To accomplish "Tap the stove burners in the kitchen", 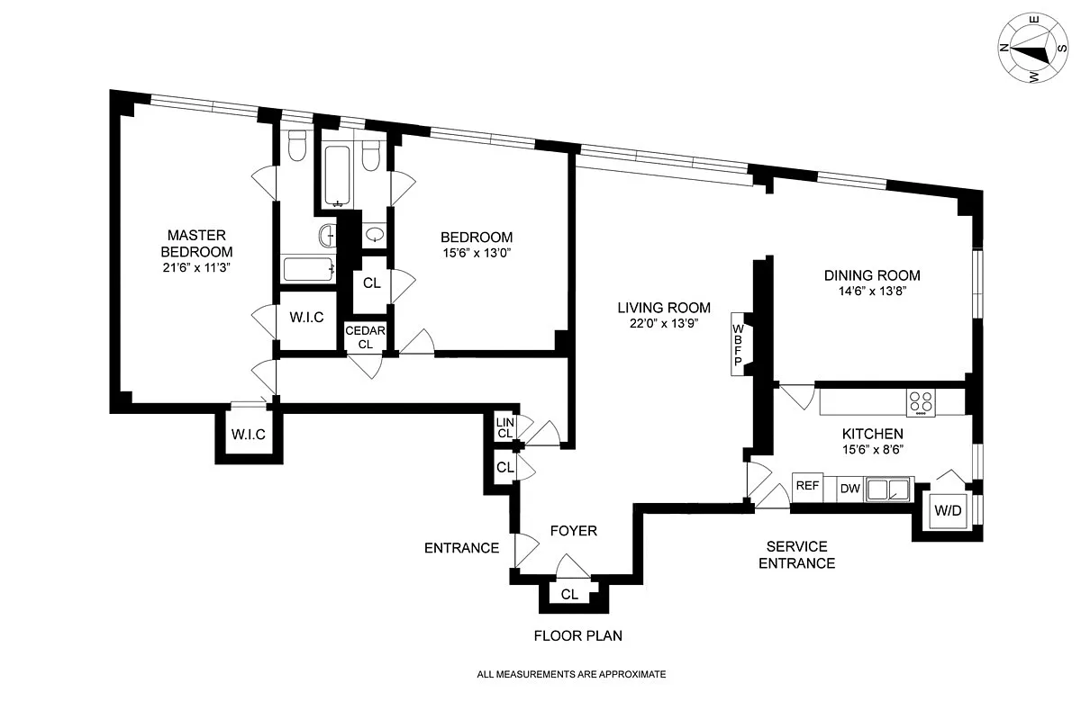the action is point(921,402).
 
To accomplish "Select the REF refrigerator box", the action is point(807,487).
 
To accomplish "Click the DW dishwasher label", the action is point(849,489).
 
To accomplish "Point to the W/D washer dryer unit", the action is point(949,510).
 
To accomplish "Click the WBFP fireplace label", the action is point(738,345).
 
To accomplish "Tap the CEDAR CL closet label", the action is point(366,337).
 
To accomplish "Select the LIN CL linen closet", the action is point(505,427).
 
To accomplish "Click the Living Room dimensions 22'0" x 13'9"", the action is point(664,323).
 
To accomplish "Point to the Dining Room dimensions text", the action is point(873,291).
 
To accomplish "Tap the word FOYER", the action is point(574,530).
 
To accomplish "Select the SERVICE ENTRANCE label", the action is point(796,554).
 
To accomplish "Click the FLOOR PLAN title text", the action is point(577,635).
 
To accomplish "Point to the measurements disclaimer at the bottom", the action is point(571,674).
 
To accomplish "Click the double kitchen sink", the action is point(888,490).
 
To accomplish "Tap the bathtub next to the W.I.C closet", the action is point(308,269).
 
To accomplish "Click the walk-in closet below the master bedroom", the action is point(249,433).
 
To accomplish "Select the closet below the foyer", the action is point(570,594).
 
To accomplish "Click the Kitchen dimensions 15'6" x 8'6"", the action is point(873,449).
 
